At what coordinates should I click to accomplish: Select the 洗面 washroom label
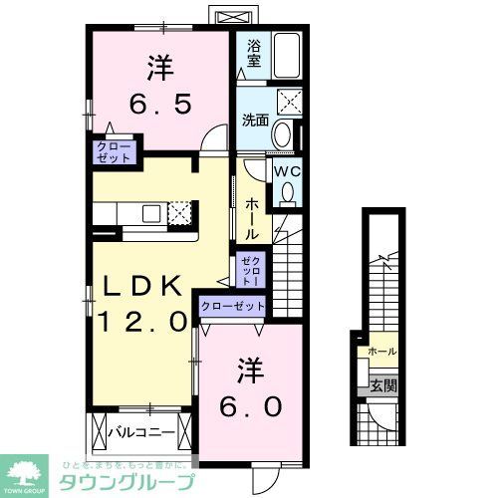point(256,121)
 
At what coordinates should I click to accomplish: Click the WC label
point(286,171)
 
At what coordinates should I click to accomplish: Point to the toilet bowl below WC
point(288,193)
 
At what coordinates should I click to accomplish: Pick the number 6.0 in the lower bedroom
point(250,405)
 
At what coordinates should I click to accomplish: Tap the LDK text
point(143,287)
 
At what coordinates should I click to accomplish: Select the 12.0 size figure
point(142,321)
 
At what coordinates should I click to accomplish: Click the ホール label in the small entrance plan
point(381,352)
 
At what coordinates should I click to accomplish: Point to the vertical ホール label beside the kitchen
point(252,214)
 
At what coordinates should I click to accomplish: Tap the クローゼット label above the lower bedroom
point(234,307)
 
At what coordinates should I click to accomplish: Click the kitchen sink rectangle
point(152,212)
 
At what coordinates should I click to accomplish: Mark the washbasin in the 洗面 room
point(281,134)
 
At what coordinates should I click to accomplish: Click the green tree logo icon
point(26,469)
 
